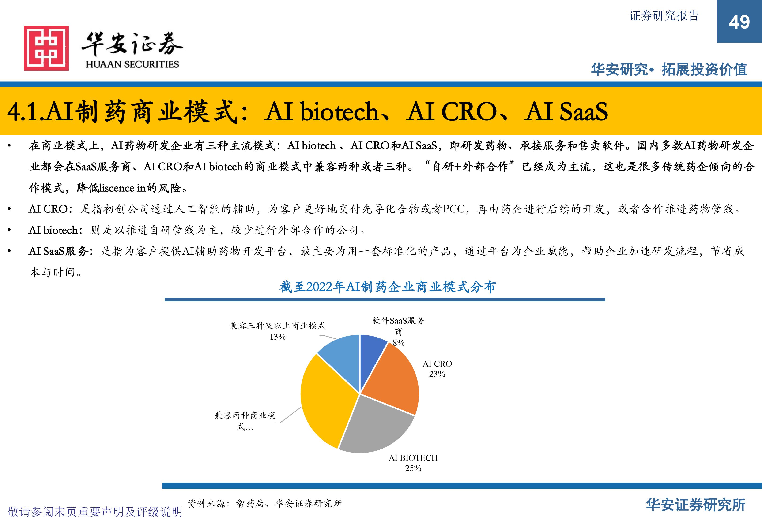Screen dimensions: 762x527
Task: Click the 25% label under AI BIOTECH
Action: (413, 468)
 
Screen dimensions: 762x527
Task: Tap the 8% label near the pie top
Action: (399, 342)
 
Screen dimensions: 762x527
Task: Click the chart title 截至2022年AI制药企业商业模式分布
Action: (388, 287)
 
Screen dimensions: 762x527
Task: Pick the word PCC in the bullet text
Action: (453, 209)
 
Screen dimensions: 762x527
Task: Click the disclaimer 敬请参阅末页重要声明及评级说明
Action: (95, 512)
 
